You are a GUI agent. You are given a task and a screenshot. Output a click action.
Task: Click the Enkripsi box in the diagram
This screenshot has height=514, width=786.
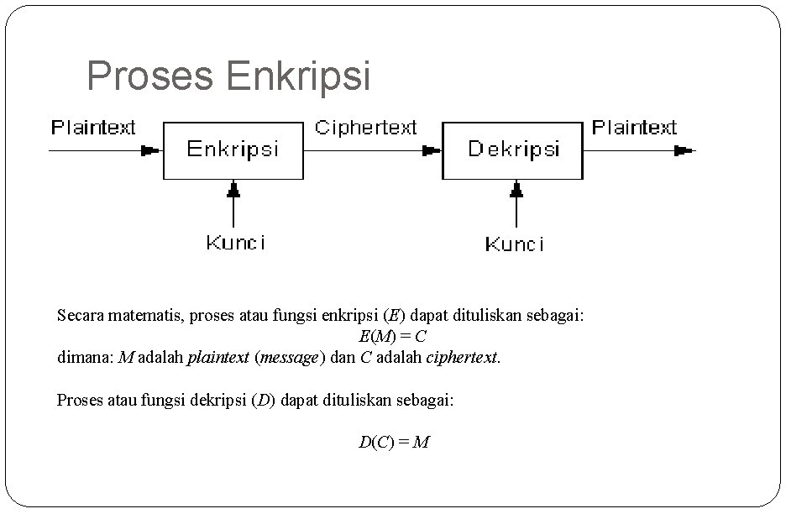click(233, 149)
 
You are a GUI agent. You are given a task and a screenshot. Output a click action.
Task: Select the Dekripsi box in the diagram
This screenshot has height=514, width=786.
click(512, 149)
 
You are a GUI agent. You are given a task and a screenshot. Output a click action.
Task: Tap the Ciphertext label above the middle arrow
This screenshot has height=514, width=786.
click(365, 128)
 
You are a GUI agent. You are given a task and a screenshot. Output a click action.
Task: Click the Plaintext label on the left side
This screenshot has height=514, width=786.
click(93, 128)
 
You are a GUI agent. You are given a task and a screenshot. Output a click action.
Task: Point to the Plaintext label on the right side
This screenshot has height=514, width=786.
click(634, 128)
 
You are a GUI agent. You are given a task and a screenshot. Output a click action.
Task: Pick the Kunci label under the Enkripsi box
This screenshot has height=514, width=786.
click(236, 243)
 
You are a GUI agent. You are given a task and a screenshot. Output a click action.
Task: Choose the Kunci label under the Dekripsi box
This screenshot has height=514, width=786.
click(515, 244)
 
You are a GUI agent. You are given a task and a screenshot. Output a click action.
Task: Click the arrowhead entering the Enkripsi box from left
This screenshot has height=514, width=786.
click(151, 151)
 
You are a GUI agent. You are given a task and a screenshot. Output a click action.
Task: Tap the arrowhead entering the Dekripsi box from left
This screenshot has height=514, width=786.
click(431, 151)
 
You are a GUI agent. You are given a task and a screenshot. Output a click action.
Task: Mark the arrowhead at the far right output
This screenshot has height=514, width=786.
click(684, 151)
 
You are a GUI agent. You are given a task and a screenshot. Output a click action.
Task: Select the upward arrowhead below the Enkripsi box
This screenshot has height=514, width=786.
click(233, 190)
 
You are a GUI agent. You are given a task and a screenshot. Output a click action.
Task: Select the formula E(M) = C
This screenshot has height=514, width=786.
click(393, 337)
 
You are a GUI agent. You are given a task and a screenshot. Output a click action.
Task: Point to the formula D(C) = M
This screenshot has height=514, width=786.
click(394, 442)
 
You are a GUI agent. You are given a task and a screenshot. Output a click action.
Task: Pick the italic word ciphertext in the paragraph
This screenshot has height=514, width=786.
click(463, 357)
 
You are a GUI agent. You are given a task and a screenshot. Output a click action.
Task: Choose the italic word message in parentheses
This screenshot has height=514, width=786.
click(289, 357)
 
